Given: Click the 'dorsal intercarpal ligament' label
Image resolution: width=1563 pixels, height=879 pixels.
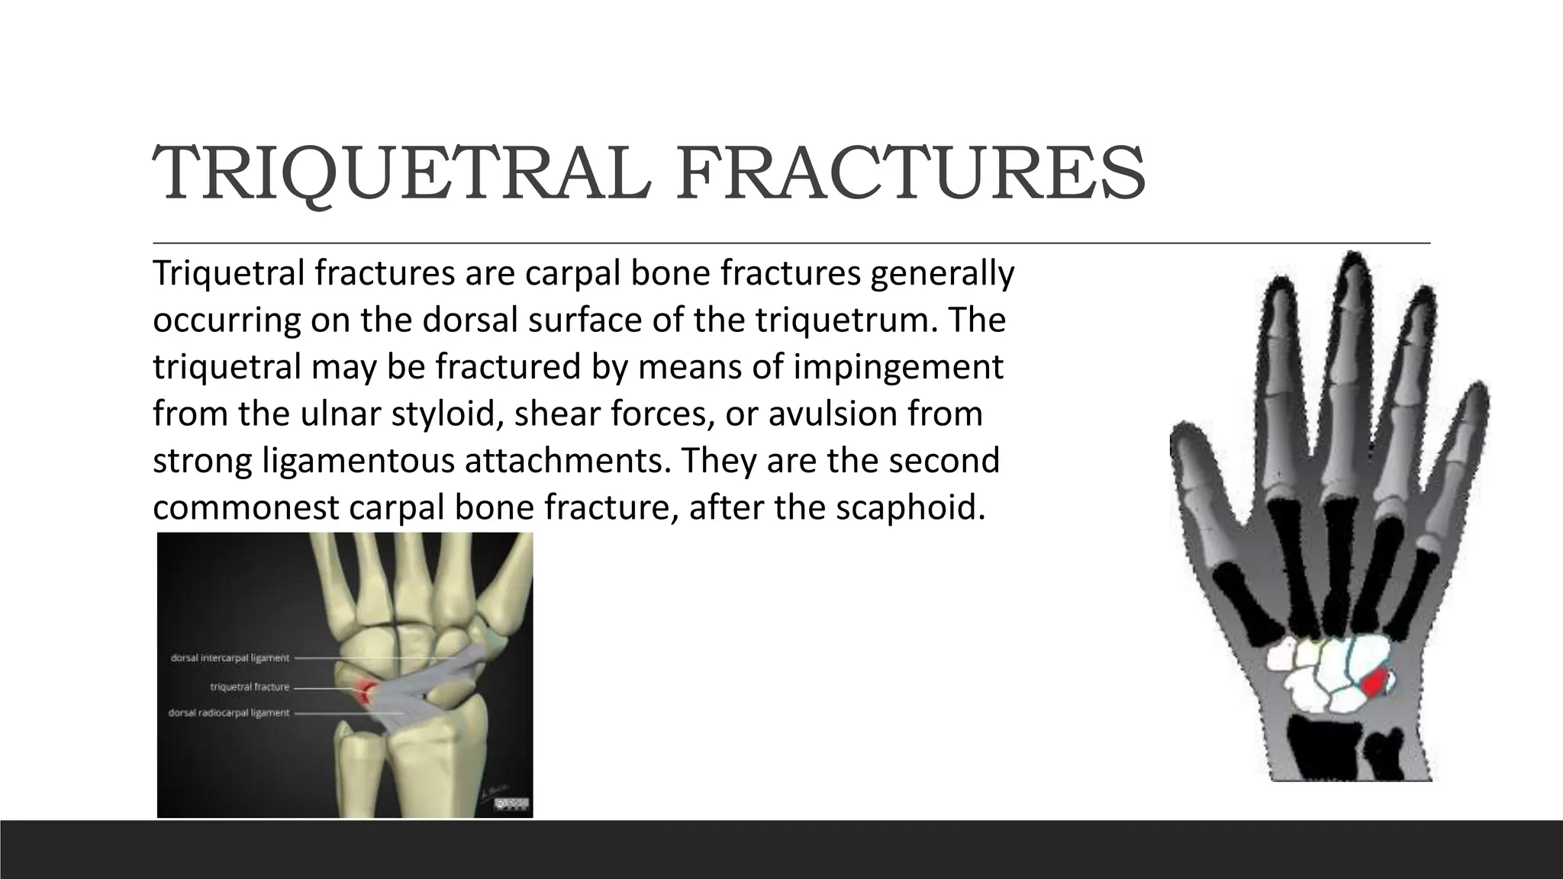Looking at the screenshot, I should click(x=230, y=658).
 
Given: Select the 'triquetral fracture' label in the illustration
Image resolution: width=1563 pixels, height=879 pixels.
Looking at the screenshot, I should click(x=250, y=687).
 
